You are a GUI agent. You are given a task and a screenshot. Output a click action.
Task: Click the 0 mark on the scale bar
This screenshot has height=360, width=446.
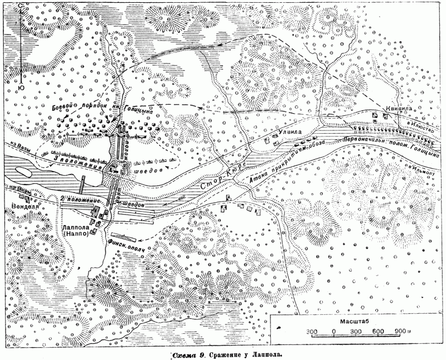click(333, 333)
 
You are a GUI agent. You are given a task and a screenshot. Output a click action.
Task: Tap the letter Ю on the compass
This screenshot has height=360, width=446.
click(21, 87)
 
